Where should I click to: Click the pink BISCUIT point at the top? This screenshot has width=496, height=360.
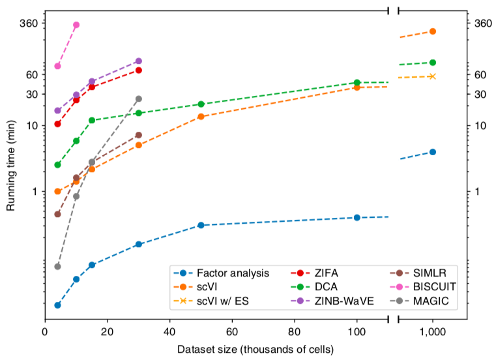tap(76, 25)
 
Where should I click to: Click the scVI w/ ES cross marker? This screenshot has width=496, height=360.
tap(433, 76)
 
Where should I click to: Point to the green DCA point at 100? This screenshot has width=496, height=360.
tap(357, 83)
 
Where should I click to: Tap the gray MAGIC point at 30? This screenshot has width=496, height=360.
tap(139, 98)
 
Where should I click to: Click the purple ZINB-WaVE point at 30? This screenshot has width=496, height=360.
tap(139, 61)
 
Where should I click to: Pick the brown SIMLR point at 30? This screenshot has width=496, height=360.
tap(139, 135)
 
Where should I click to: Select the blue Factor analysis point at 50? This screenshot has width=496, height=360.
tap(201, 225)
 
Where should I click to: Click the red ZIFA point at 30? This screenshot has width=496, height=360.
tap(139, 70)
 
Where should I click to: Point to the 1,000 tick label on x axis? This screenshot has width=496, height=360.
tap(433, 332)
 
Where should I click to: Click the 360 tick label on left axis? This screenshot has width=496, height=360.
tap(29, 23)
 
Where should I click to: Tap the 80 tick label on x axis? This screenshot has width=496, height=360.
tap(295, 332)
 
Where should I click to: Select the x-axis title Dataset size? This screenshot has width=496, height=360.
tap(255, 350)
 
